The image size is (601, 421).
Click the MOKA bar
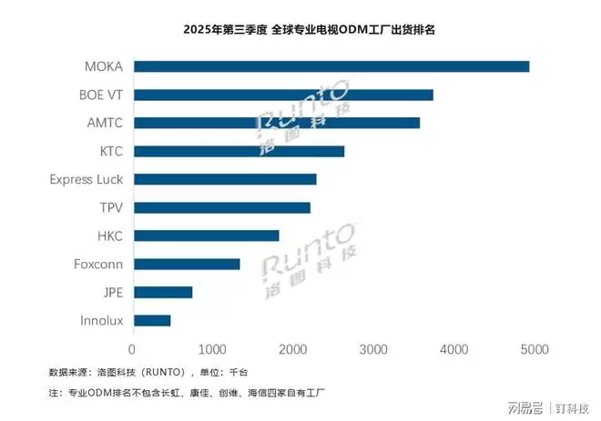[331, 66]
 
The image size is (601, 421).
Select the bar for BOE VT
[283, 95]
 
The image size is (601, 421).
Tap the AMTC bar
[276, 123]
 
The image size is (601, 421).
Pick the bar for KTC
[239, 151]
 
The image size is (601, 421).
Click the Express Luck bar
[224, 179]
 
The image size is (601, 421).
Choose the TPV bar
[221, 207]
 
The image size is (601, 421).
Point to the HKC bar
[206, 236]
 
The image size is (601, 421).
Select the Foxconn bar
[187, 264]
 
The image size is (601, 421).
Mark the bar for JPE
[162, 292]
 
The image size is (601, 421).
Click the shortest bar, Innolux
[151, 320]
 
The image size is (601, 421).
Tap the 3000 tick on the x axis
[373, 349]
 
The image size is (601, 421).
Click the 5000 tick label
[534, 349]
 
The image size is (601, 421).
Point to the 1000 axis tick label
[212, 349]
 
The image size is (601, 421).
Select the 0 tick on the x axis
[133, 349]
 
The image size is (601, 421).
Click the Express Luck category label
[86, 179]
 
